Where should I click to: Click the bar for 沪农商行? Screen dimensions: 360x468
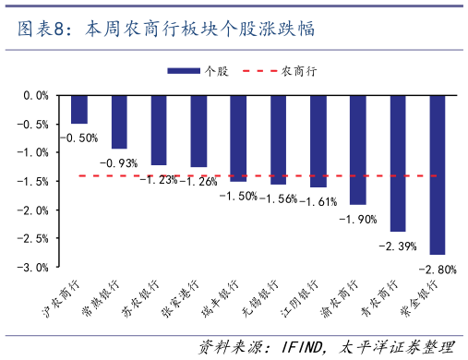coord(79,109)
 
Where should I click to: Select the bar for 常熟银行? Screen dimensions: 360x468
coord(119,121)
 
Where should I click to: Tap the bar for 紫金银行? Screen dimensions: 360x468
coord(438,174)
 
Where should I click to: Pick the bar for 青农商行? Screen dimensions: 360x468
coord(398,162)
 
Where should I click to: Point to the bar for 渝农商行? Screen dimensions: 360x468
coord(358,149)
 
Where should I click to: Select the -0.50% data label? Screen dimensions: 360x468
coord(78,138)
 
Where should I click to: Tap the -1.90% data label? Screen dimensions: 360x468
coord(356,219)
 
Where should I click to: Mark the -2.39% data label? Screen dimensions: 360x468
coord(398,246)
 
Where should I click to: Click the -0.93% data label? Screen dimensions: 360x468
coord(119,163)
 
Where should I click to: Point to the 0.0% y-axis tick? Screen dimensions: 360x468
coord(34,95)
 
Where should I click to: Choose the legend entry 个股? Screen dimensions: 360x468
coord(198,70)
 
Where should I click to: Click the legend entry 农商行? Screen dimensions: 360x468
coord(294,70)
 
